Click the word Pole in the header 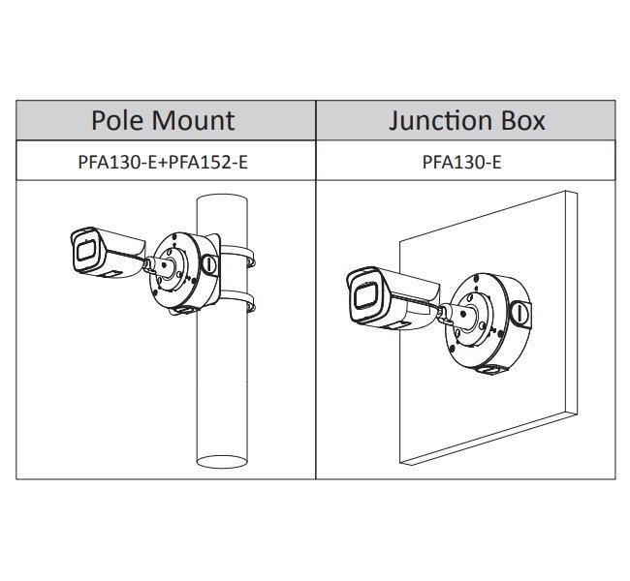click(116, 121)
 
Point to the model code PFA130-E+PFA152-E click(163, 162)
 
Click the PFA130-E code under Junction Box click(462, 162)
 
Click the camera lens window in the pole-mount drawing click(81, 251)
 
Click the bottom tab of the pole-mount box click(181, 310)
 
